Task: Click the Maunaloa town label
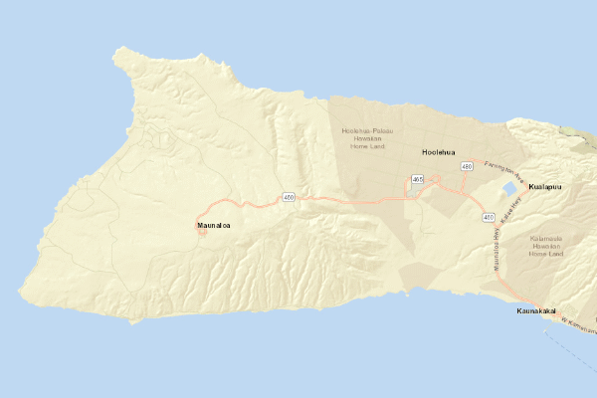pyautogui.click(x=214, y=227)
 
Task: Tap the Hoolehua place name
pyautogui.click(x=438, y=153)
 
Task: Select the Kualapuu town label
pyautogui.click(x=545, y=187)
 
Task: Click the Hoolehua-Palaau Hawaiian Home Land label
pyautogui.click(x=367, y=138)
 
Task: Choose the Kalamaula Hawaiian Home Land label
pyautogui.click(x=546, y=246)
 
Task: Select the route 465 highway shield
pyautogui.click(x=418, y=179)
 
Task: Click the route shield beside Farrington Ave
pyautogui.click(x=467, y=167)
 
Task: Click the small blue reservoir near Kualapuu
pyautogui.click(x=509, y=188)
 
